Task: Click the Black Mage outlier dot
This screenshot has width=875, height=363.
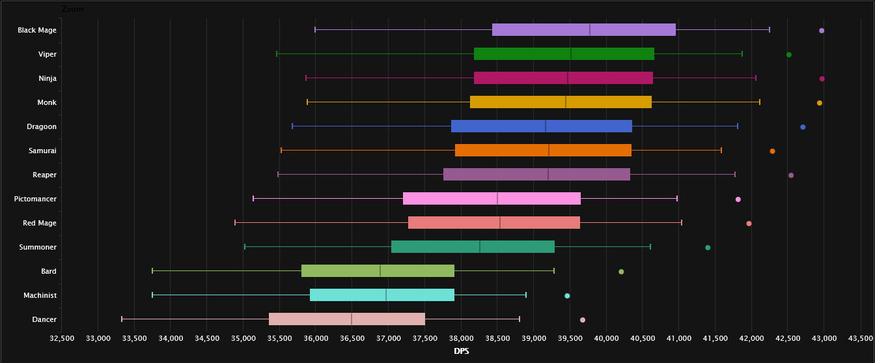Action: coord(822,31)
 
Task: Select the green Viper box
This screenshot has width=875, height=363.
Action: coord(564,54)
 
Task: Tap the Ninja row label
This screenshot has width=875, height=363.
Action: coord(48,78)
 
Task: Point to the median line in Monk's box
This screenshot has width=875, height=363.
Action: coord(566,102)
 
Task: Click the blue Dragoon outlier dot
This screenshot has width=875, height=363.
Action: coord(803,127)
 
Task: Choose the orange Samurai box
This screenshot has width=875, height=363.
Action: coord(543,151)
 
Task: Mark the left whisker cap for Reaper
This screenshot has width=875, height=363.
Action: coord(278,175)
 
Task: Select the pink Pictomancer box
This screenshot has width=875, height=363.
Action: coord(492,199)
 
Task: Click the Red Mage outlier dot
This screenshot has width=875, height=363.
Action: coord(749,224)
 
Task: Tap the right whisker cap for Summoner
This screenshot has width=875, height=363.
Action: coord(650,246)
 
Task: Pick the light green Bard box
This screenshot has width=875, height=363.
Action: coord(378,271)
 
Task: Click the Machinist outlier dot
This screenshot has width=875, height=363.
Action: coord(567,296)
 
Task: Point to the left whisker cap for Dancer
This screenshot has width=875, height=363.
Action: coord(122,319)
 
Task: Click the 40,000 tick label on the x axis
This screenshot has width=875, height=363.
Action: coord(606,339)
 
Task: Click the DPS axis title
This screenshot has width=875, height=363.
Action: coord(461,352)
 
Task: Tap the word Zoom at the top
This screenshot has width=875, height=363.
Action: coord(72,9)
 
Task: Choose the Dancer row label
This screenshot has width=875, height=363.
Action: coord(44,319)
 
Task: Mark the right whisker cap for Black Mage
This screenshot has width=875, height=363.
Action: coord(770,29)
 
